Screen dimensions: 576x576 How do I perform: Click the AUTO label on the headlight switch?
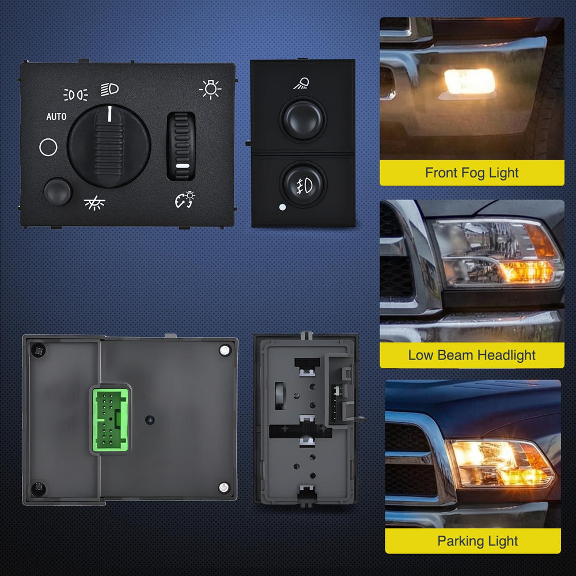(x=56, y=116)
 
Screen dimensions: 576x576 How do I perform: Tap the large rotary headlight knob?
(x=109, y=146)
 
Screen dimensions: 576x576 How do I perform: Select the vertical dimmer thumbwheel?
(x=181, y=146)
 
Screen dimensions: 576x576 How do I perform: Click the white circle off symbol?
(x=48, y=147)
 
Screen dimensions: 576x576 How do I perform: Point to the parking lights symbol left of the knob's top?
(x=75, y=95)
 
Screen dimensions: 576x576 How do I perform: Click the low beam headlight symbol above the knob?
(x=109, y=89)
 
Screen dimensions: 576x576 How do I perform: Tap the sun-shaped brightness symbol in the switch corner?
(x=210, y=89)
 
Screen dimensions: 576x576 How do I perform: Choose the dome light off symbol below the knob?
(x=94, y=203)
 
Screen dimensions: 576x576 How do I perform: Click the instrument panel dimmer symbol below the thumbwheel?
(x=185, y=199)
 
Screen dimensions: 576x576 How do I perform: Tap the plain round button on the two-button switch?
(x=303, y=120)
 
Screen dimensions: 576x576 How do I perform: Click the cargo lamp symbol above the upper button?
(x=301, y=84)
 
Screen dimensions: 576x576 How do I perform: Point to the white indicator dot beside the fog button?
(x=282, y=207)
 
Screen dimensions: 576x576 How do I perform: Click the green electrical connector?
(x=111, y=419)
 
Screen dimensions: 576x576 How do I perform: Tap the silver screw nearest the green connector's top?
(x=225, y=350)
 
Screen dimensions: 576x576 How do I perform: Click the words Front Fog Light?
(x=472, y=173)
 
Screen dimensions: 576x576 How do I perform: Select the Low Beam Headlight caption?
(x=472, y=355)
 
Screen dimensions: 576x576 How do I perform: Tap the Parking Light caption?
(x=478, y=541)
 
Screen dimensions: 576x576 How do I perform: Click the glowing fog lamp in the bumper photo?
(x=469, y=82)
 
